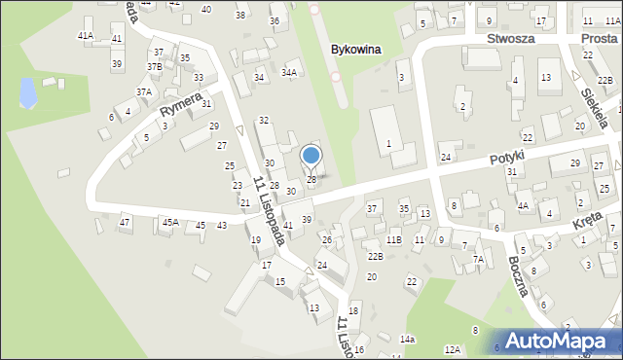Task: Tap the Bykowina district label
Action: click(354, 49)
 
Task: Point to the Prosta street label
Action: click(599, 38)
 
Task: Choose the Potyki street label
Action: click(507, 157)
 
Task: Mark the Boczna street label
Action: click(518, 276)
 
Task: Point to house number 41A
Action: click(86, 35)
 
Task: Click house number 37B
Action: click(155, 66)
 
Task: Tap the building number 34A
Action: click(289, 72)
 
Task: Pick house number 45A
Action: click(170, 223)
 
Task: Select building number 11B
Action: click(393, 239)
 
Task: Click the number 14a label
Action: click(407, 339)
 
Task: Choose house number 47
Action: click(125, 223)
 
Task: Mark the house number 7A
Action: click(478, 260)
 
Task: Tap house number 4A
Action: click(523, 205)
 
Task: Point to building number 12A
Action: click(452, 349)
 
